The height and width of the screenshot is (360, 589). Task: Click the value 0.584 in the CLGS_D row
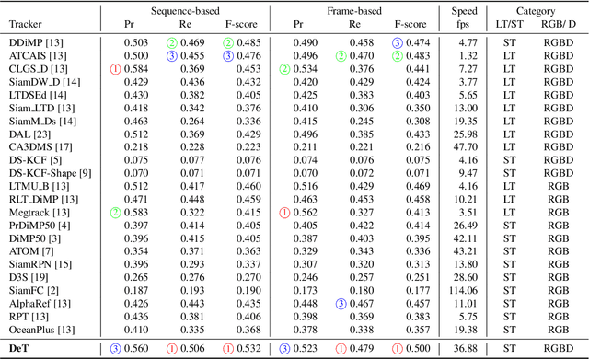tap(133, 68)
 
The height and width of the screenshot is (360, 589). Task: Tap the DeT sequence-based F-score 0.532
tap(242, 348)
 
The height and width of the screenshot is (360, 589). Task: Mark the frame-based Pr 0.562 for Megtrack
tap(304, 212)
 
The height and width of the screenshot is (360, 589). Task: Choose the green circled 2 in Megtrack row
tap(116, 212)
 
